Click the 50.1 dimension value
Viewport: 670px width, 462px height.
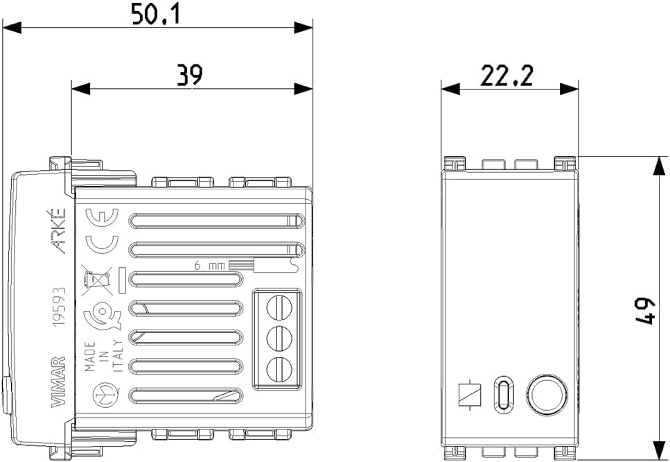[x=156, y=14]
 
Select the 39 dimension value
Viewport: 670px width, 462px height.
[x=190, y=76]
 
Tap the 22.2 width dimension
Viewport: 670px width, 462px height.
[x=506, y=76]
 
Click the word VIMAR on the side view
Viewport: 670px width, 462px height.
[x=58, y=382]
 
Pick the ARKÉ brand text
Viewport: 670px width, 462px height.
[x=58, y=231]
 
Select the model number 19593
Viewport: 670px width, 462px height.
[x=59, y=307]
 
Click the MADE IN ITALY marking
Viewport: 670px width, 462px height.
[x=104, y=356]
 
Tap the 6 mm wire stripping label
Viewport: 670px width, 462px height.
[x=209, y=266]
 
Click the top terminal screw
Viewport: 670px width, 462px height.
[x=279, y=307]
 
